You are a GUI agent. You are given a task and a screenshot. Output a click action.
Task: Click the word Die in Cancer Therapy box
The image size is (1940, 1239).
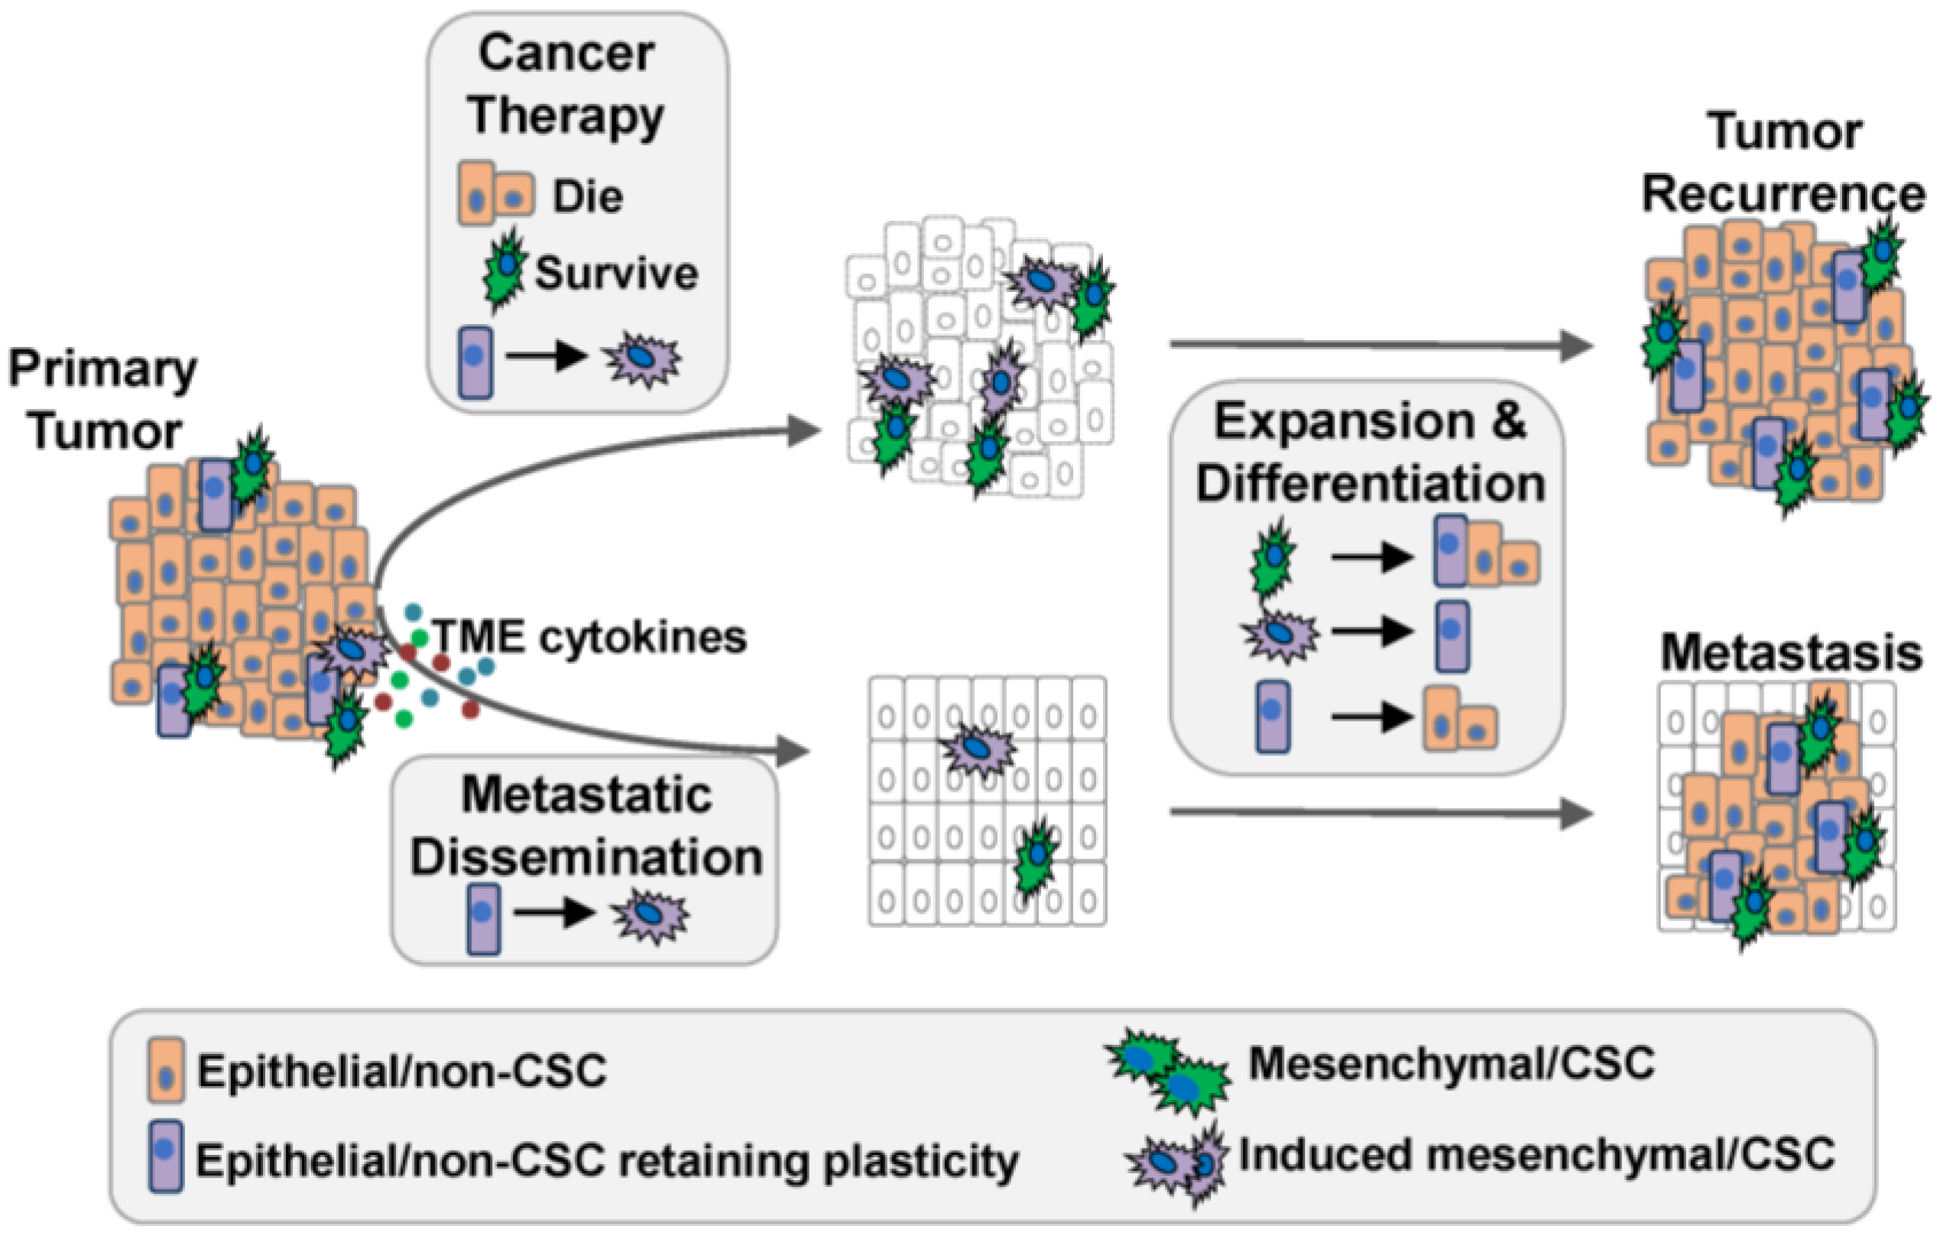pos(587,196)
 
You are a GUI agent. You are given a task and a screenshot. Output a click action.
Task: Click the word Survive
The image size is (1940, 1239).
pos(616,273)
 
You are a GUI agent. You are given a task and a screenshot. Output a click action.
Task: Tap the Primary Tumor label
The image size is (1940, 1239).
pos(102,400)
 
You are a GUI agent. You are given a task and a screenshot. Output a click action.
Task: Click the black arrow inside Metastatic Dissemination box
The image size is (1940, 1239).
pos(553,913)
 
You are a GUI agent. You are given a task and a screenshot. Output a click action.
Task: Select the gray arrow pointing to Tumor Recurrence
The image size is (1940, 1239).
pos(1380,345)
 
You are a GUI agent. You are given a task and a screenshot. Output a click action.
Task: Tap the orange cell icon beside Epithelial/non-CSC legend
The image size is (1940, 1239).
pos(166,1070)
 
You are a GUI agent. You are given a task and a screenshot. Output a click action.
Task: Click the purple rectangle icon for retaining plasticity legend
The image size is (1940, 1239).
pos(165,1155)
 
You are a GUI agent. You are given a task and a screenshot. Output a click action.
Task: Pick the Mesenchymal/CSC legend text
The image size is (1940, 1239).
pos(1451,1063)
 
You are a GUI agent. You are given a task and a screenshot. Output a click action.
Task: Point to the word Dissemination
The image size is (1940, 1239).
pos(586,857)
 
